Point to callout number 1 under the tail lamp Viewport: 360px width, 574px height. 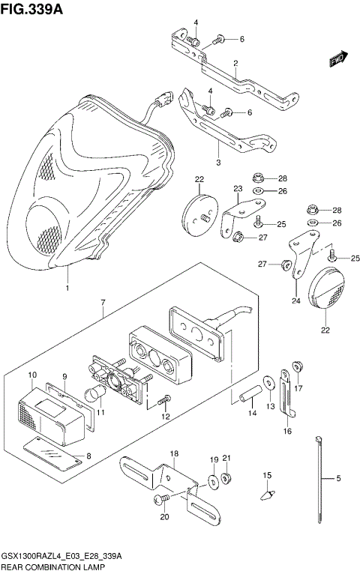(67, 288)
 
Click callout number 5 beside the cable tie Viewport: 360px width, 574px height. (338, 478)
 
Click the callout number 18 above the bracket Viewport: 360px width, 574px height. (173, 454)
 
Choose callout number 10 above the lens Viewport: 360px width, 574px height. (32, 374)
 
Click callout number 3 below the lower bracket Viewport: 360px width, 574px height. (218, 162)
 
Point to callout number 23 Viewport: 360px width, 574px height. (238, 188)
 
